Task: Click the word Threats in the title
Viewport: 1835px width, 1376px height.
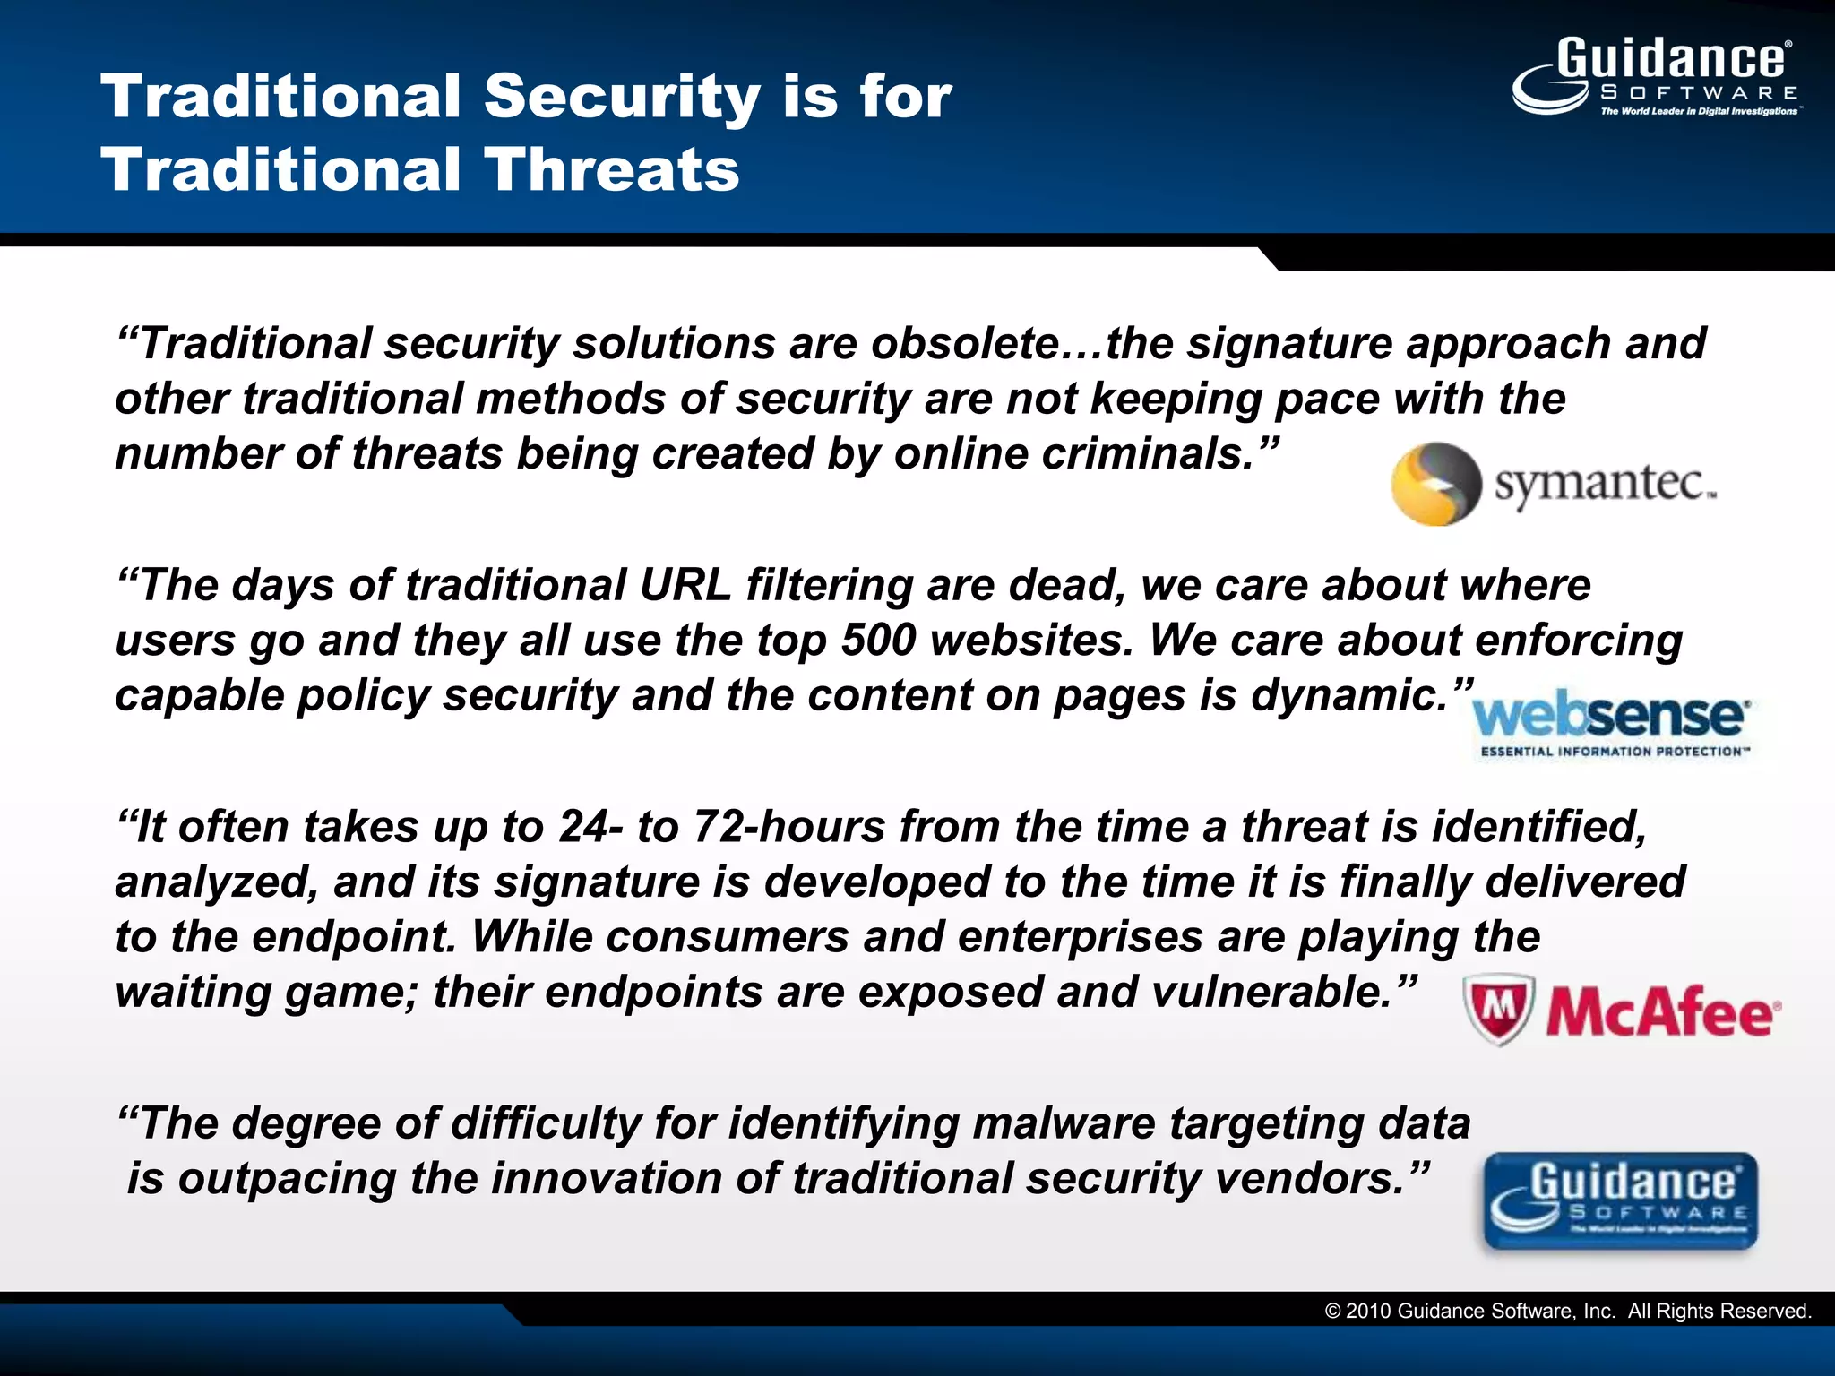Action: point(613,170)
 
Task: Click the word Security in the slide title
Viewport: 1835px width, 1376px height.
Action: point(623,97)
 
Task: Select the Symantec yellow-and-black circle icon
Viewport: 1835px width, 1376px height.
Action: point(1435,484)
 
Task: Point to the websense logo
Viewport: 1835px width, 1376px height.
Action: point(1610,717)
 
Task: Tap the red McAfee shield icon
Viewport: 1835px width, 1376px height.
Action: point(1499,1010)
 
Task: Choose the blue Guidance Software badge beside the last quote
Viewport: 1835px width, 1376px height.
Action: point(1620,1201)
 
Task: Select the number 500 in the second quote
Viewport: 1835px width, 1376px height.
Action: point(879,641)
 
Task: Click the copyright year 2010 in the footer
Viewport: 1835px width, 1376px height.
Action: point(1368,1311)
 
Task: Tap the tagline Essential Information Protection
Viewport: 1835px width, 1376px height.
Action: point(1614,752)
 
